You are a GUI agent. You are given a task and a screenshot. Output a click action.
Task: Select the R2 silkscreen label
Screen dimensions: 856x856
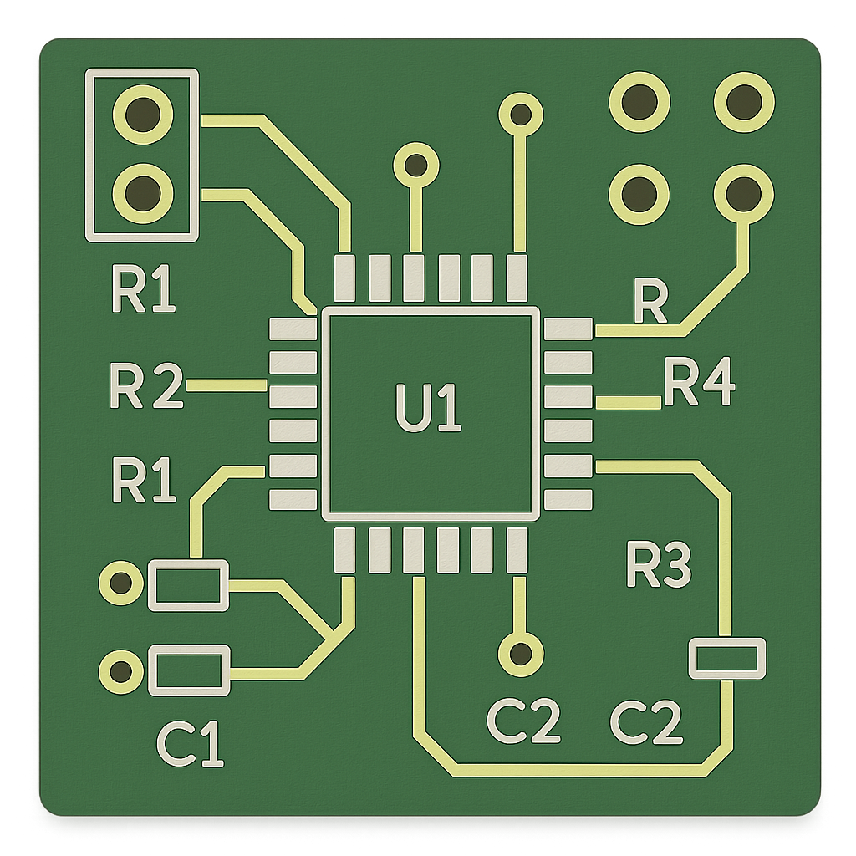tap(145, 387)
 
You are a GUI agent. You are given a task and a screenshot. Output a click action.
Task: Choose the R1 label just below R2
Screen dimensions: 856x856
tap(144, 481)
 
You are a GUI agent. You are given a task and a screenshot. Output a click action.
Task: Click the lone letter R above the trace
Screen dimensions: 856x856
tap(650, 303)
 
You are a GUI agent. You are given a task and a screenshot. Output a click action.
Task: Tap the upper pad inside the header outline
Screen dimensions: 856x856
tap(144, 112)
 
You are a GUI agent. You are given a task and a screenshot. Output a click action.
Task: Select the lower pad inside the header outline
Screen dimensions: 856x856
tap(144, 192)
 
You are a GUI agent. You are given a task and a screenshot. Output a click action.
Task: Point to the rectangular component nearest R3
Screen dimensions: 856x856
tap(726, 658)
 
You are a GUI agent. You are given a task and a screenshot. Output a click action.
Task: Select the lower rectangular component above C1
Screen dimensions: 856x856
tap(188, 670)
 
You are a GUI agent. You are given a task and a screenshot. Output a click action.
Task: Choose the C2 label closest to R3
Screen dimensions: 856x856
tap(646, 723)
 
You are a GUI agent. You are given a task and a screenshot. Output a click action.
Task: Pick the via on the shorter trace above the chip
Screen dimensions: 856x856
tap(415, 166)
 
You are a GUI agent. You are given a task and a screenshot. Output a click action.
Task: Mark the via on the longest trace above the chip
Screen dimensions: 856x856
tap(520, 113)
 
